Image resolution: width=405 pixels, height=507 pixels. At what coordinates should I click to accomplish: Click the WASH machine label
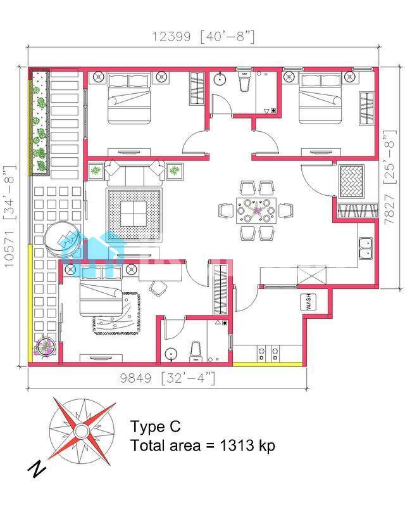[x=308, y=302]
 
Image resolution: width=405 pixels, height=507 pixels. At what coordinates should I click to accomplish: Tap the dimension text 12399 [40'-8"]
[x=203, y=37]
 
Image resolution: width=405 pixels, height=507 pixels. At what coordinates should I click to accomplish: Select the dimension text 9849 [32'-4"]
[x=167, y=378]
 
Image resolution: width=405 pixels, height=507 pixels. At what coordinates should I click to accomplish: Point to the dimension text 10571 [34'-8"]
[x=10, y=216]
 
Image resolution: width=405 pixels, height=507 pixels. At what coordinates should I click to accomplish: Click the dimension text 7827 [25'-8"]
[x=390, y=177]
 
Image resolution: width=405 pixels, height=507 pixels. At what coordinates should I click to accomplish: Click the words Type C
[x=155, y=426]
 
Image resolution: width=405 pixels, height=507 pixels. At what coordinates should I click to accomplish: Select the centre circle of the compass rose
[x=81, y=431]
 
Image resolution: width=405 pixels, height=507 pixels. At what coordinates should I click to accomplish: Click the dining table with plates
[x=256, y=211]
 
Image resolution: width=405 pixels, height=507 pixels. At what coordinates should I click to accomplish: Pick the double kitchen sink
[x=366, y=247]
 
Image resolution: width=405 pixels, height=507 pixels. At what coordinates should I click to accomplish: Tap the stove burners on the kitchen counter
[x=268, y=354]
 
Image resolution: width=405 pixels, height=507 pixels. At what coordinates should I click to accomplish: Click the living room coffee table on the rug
[x=134, y=214]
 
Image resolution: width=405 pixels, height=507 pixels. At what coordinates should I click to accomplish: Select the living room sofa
[x=134, y=172]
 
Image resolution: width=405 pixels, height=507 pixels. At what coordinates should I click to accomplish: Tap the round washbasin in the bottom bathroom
[x=171, y=354]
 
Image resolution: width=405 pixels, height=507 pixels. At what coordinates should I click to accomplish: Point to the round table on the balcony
[x=63, y=239]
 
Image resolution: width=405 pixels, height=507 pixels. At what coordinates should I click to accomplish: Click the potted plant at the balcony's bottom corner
[x=46, y=347]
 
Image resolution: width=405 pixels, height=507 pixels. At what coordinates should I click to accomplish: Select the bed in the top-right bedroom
[x=320, y=99]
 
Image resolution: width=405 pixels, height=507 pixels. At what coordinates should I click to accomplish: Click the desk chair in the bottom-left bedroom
[x=158, y=288]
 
